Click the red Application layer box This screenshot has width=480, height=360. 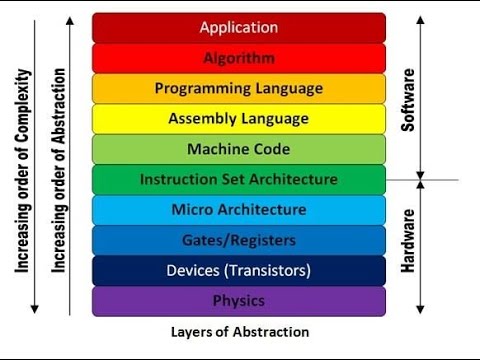point(238,27)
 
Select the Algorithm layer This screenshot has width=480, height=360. point(238,58)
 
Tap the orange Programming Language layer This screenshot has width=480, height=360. point(238,88)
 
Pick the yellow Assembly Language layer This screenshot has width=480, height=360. point(238,119)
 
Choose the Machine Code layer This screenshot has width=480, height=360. point(238,149)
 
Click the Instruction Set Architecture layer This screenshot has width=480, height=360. point(238,180)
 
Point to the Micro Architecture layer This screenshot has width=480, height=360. point(238,210)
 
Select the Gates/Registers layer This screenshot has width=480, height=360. point(238,240)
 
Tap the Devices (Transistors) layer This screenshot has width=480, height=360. point(238,270)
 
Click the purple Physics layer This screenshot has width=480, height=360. point(238,301)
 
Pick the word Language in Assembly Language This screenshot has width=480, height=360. point(276,119)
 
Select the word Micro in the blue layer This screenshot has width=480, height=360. point(193,210)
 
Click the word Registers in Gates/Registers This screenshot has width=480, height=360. point(262,240)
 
